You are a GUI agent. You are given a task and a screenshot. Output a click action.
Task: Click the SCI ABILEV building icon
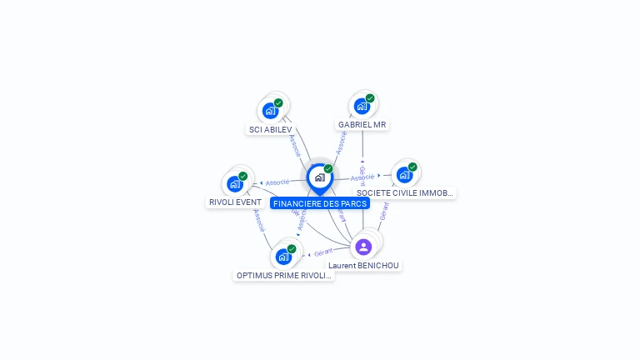tap(270, 110)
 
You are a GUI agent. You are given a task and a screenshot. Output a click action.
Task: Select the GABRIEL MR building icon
tap(362, 106)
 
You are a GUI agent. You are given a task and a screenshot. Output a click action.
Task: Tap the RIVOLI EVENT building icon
tap(235, 183)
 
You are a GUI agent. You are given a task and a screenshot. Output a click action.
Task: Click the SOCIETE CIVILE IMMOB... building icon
tap(404, 175)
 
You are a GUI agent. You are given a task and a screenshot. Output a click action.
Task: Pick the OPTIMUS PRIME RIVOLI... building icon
tap(283, 256)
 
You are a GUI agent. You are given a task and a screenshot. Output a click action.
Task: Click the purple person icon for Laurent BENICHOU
tap(363, 247)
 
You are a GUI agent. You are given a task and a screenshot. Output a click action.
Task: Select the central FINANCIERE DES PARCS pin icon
tap(319, 177)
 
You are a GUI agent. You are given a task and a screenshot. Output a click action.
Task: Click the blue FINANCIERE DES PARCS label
tap(320, 203)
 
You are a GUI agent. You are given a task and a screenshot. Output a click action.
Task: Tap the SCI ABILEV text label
tap(271, 130)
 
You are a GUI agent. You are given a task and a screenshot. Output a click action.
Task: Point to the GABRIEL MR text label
tap(362, 125)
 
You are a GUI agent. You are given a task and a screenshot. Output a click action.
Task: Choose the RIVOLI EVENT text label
tap(235, 202)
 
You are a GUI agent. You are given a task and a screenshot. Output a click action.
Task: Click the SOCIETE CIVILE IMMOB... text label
tap(405, 193)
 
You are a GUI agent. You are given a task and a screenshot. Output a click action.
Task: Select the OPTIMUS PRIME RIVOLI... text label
tap(284, 276)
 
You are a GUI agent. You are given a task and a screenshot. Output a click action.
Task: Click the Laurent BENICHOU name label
tap(363, 266)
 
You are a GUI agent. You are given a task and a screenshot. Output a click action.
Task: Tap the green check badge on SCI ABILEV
tap(278, 102)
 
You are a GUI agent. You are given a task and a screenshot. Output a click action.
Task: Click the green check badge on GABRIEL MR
tap(370, 98)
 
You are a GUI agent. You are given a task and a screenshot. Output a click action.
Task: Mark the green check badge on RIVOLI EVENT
tap(243, 176)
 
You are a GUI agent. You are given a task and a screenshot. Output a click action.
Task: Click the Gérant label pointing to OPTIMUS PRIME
tap(323, 252)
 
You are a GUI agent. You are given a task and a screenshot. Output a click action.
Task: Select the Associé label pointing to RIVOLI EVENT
tap(277, 182)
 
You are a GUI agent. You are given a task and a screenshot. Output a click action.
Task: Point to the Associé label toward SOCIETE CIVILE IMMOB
tap(362, 177)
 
